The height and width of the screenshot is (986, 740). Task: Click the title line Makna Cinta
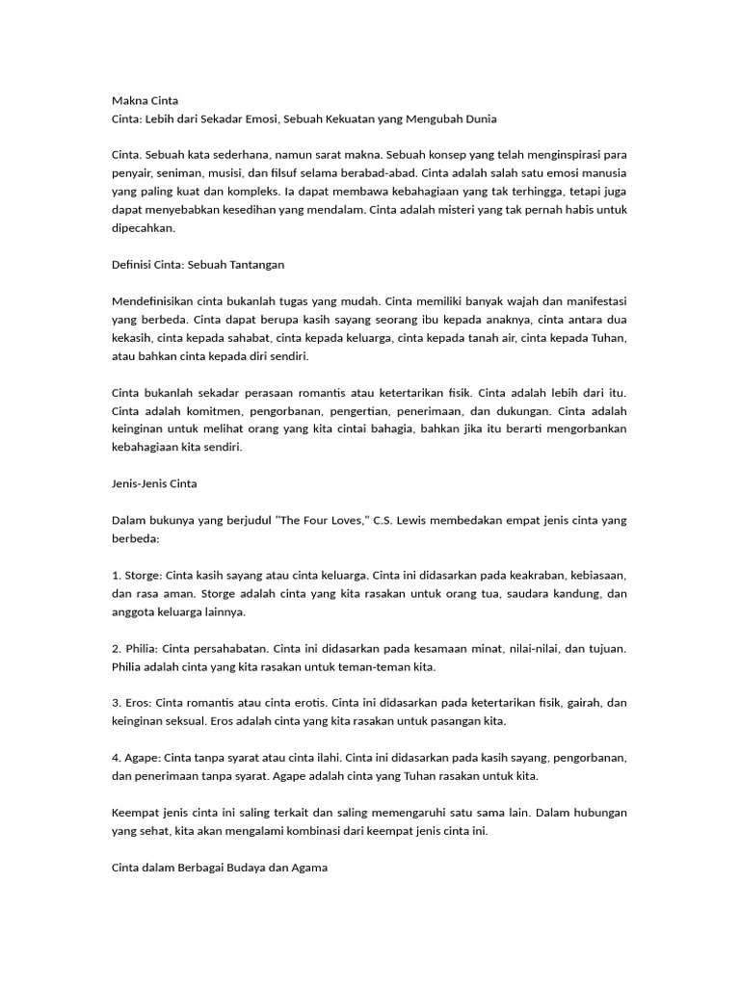(145, 100)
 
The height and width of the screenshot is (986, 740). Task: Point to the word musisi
(244, 173)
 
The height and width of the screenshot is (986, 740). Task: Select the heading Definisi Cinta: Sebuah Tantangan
(198, 265)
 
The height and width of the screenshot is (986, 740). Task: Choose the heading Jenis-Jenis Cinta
(154, 483)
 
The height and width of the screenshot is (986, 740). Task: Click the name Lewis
(416, 521)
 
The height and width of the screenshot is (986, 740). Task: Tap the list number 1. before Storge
(117, 575)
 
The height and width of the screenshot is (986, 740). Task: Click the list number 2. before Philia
(117, 648)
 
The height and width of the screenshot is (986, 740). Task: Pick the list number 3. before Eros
(117, 703)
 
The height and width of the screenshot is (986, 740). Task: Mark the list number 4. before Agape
(117, 758)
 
